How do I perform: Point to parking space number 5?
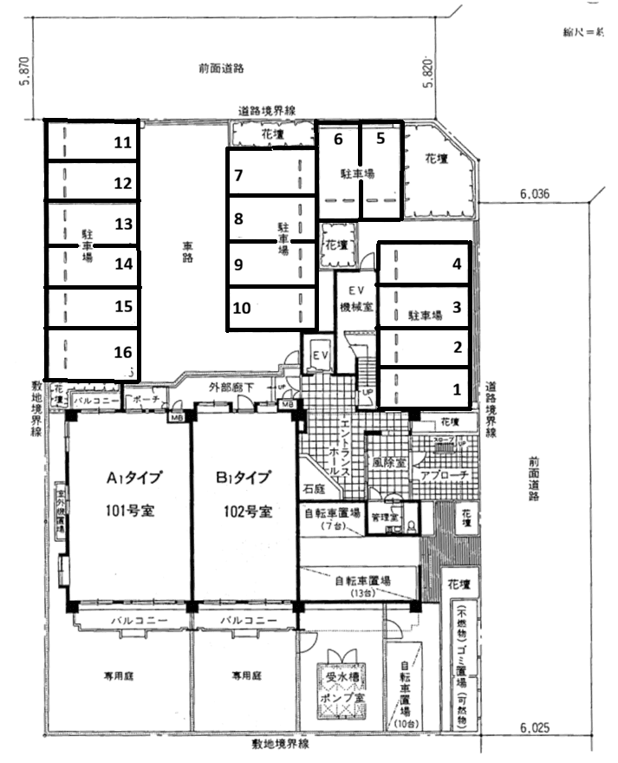click(380, 169)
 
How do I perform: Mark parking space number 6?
click(338, 169)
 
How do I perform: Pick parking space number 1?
click(424, 388)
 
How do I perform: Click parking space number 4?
click(424, 264)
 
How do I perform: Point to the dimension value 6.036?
click(537, 195)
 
